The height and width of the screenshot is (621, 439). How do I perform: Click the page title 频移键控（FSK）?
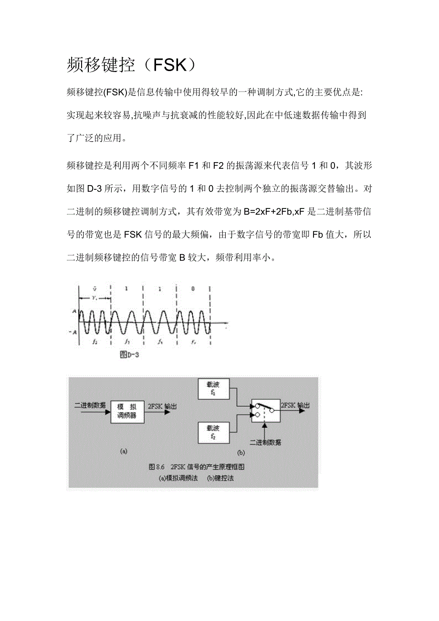pos(132,65)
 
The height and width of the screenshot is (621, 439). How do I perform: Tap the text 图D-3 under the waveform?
pos(129,354)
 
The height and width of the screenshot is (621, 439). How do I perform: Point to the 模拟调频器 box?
pos(127,411)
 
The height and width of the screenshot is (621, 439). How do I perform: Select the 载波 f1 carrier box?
pos(213,389)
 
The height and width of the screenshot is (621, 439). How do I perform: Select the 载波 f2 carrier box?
pos(213,432)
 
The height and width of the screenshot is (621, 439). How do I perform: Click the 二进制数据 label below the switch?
pos(265,443)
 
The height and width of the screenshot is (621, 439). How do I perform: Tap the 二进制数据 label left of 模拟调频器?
pos(90,405)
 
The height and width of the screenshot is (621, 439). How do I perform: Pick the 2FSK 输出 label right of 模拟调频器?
pos(163,406)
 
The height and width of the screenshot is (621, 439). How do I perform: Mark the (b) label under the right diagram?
pos(241,451)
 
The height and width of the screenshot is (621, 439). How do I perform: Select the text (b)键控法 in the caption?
pos(220,477)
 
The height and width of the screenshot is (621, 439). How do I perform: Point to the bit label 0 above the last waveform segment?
pos(192,289)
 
